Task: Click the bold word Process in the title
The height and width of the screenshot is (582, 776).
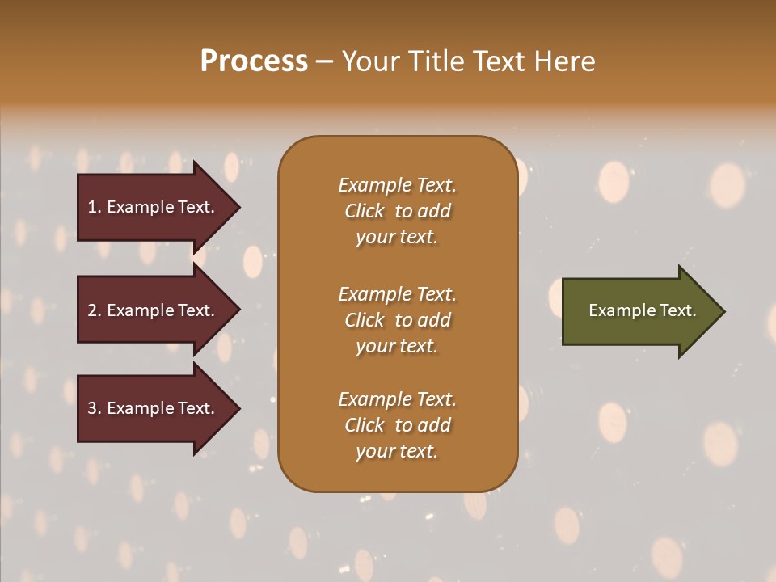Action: pyautogui.click(x=254, y=61)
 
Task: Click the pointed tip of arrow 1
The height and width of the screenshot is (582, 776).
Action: pyautogui.click(x=238, y=208)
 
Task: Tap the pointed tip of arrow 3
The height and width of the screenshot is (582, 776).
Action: pyautogui.click(x=238, y=409)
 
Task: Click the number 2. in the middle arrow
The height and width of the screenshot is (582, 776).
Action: pyautogui.click(x=95, y=310)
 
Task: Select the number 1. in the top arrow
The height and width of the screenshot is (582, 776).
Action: pyautogui.click(x=95, y=207)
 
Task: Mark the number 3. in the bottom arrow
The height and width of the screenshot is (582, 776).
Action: pyautogui.click(x=95, y=408)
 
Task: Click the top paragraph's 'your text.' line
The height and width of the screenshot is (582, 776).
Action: pyautogui.click(x=397, y=238)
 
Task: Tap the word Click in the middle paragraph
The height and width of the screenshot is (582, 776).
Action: pyautogui.click(x=364, y=320)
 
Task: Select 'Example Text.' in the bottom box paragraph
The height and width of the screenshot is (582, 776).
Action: pyautogui.click(x=397, y=399)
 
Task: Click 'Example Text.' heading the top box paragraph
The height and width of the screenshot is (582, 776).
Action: pyautogui.click(x=397, y=185)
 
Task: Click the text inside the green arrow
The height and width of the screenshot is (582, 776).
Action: pyautogui.click(x=642, y=310)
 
